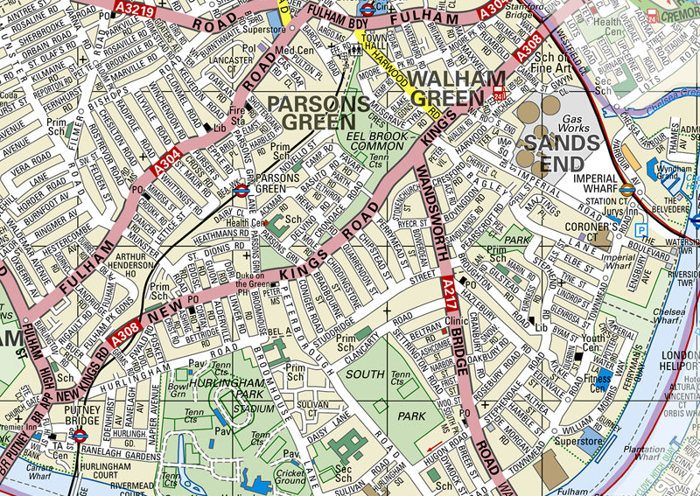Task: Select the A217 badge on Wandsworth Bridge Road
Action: click(x=448, y=286)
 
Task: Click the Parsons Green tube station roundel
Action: click(x=243, y=188)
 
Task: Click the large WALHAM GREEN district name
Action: click(x=458, y=80)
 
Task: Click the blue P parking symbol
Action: click(x=642, y=230)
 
